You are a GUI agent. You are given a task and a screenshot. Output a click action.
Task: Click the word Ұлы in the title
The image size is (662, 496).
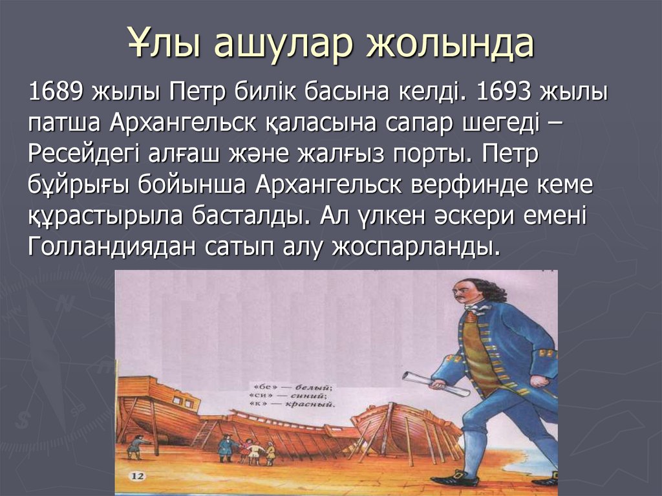coord(162,44)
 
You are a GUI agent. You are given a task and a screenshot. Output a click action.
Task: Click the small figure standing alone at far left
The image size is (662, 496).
coord(136,446)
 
